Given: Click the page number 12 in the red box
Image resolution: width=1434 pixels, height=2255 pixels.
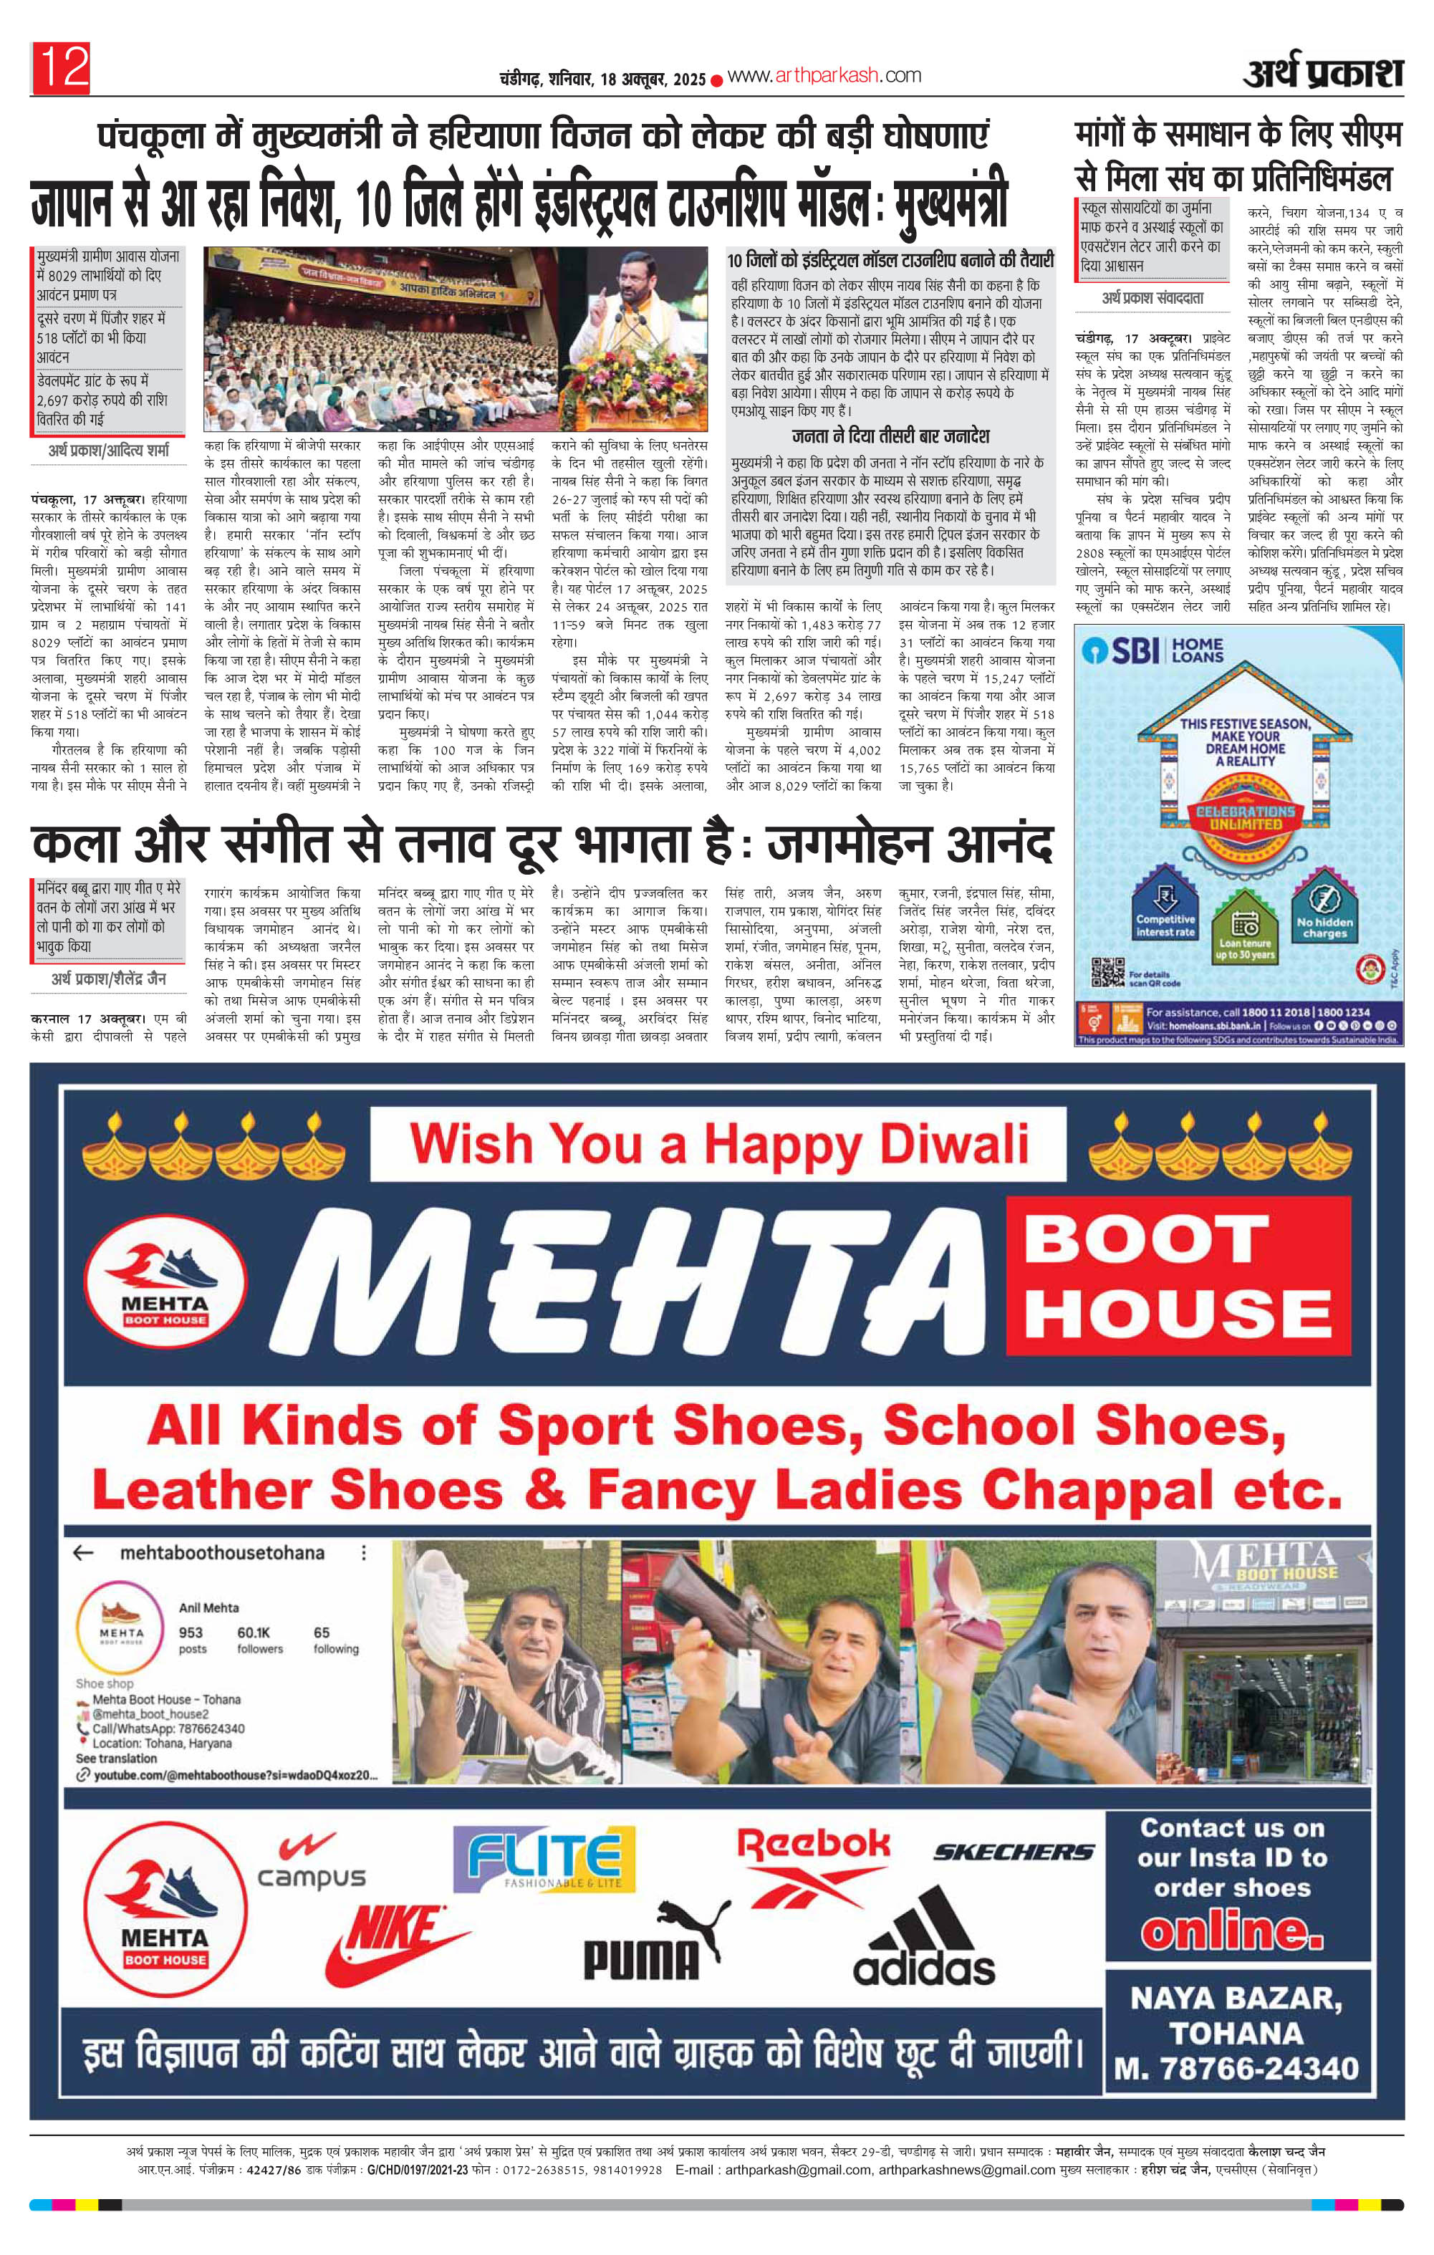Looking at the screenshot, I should (62, 67).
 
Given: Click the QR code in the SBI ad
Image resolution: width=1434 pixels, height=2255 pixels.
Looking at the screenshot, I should (1108, 971).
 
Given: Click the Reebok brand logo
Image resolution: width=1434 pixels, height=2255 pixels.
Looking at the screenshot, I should (813, 1864).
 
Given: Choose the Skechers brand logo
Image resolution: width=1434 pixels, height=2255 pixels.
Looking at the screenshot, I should (1014, 1852).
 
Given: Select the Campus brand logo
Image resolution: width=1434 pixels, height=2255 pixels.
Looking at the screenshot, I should (311, 1861).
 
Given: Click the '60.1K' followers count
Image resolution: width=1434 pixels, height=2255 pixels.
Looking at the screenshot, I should (253, 1633).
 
